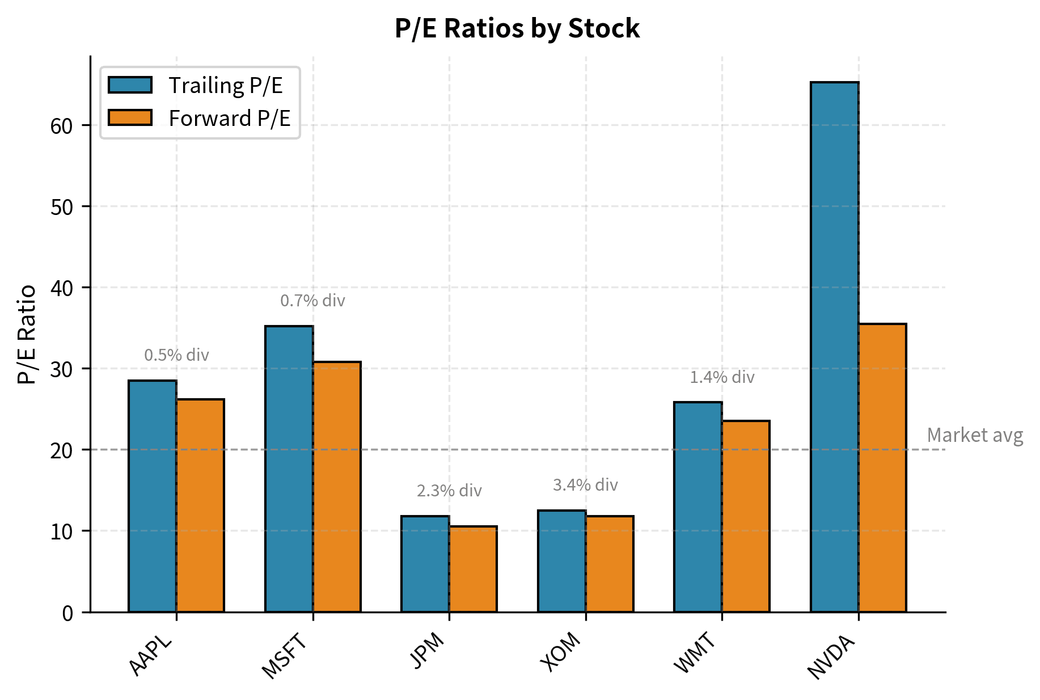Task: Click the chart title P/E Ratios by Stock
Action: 517,28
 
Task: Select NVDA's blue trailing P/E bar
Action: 834,347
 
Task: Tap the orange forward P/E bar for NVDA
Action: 882,467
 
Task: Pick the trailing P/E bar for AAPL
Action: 153,496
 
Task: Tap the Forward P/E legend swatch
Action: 130,117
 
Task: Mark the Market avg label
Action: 975,435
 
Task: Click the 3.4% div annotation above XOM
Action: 585,485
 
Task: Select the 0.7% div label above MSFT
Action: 312,301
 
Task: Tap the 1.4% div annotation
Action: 722,377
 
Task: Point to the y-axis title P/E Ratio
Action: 27,335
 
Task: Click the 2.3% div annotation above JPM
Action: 449,491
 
